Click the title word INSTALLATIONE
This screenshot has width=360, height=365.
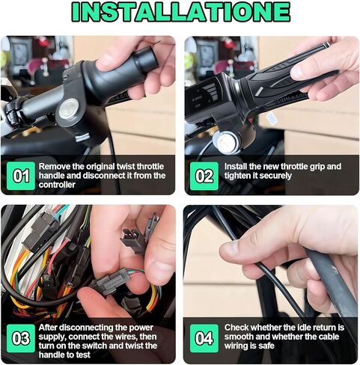(180, 13)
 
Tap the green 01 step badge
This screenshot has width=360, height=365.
(20, 177)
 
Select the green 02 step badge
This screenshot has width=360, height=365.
(204, 177)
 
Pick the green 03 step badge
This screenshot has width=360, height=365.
(20, 337)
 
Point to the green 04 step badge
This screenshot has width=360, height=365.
(204, 337)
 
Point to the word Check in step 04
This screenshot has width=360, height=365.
(238, 327)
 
